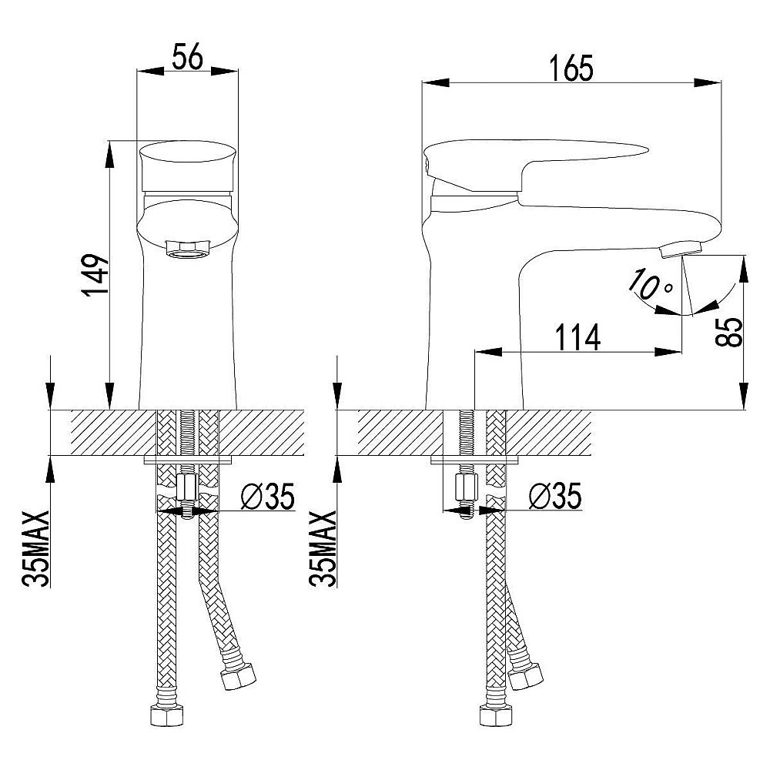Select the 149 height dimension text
click(x=95, y=275)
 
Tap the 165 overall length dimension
click(x=571, y=68)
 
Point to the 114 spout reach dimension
click(x=578, y=337)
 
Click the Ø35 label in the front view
click(x=268, y=496)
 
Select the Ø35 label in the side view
click(x=555, y=496)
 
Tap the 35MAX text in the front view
click(x=36, y=549)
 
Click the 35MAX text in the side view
click(x=323, y=549)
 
